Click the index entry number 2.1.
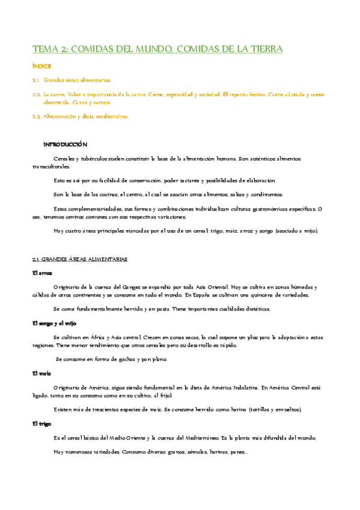[36, 80]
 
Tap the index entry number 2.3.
[36, 117]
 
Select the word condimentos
[268, 194]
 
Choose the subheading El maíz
[41, 374]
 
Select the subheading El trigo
[41, 424]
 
